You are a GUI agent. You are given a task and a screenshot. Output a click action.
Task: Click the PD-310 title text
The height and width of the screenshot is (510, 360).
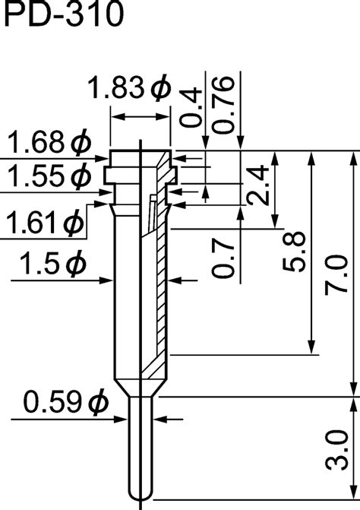point(61,16)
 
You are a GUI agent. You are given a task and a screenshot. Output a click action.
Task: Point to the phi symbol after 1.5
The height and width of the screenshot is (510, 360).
point(74,265)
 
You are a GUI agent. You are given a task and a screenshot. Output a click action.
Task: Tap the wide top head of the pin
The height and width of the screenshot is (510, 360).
point(141,160)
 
